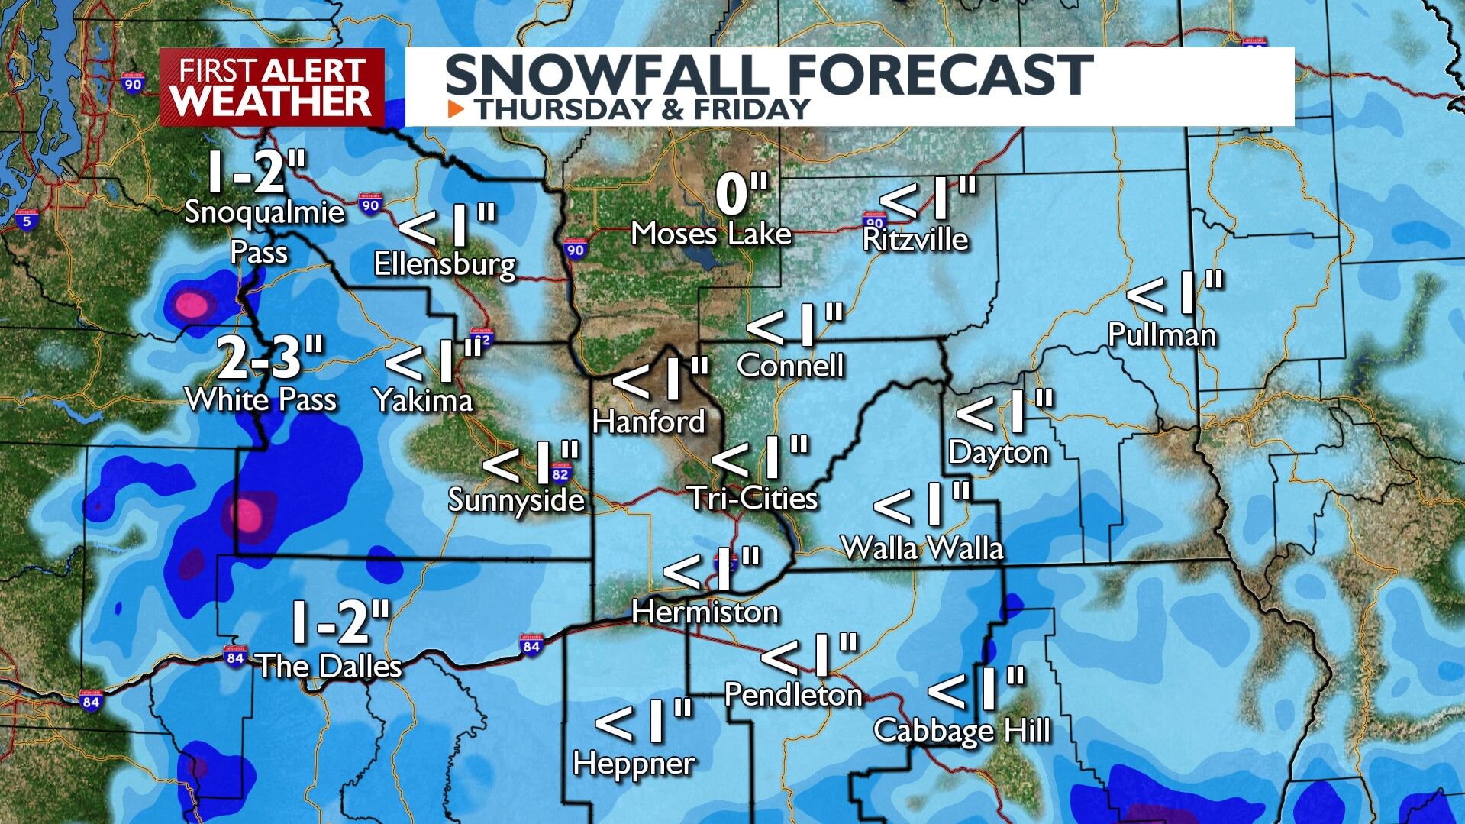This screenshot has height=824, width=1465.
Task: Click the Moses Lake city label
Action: tap(711, 234)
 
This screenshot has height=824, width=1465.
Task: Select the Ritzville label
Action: tap(915, 239)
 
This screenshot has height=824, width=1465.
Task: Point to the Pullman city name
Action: tap(1161, 335)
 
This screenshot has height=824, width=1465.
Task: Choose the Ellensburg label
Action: tap(444, 264)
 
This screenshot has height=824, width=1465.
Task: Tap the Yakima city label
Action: tap(423, 399)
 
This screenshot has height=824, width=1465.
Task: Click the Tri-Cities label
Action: tap(753, 498)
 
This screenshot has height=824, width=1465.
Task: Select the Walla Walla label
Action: tap(922, 548)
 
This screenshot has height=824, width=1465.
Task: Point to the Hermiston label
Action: tap(705, 612)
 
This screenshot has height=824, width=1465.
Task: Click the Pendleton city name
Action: tap(792, 694)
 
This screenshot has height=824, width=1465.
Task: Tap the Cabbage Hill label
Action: tap(962, 730)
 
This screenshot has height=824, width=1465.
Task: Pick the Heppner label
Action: tap(634, 763)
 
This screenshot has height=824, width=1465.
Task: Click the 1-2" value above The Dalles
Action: tap(340, 622)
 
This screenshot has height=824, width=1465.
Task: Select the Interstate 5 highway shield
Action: tap(27, 220)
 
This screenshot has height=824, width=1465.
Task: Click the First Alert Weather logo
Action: tap(272, 87)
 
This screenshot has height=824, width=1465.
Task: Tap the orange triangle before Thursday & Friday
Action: tap(456, 109)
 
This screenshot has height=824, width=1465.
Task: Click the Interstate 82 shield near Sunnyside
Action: tap(560, 473)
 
